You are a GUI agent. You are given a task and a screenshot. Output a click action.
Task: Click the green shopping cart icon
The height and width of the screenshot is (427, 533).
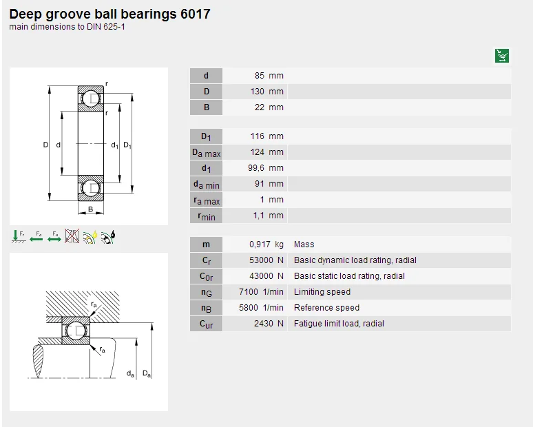[502, 56]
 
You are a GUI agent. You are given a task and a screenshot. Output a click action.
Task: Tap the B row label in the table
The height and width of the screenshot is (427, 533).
[206, 107]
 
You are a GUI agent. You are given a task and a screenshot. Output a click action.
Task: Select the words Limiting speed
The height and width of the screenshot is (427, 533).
[322, 292]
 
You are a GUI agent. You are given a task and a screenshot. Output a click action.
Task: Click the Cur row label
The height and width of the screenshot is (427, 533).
[206, 324]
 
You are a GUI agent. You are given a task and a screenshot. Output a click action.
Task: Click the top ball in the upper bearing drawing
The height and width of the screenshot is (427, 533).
[91, 99]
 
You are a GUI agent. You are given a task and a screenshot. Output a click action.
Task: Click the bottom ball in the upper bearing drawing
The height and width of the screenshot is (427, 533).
[91, 188]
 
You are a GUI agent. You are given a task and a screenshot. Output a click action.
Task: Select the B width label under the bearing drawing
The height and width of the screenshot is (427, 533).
[90, 209]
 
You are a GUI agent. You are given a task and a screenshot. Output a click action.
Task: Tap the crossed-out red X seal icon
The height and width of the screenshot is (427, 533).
[72, 237]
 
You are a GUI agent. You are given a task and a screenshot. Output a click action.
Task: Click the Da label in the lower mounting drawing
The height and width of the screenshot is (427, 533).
[147, 373]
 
